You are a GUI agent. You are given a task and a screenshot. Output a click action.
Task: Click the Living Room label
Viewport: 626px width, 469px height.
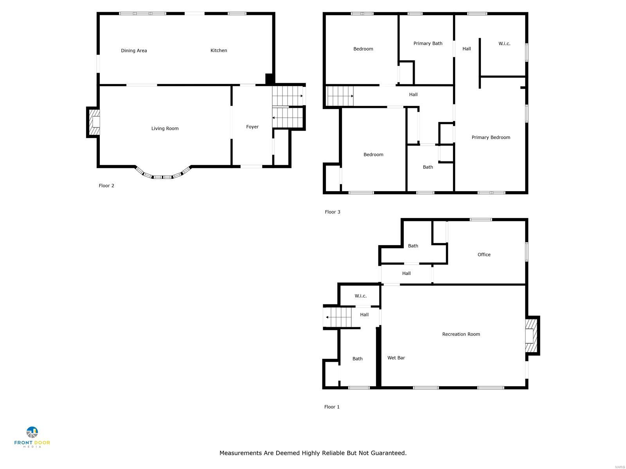[165, 129]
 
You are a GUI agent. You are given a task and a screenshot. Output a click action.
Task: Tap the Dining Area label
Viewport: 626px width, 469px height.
[134, 50]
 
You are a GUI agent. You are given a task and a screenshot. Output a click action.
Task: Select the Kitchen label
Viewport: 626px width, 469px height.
[219, 50]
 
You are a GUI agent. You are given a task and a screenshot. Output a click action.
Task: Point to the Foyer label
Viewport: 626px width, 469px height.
[252, 127]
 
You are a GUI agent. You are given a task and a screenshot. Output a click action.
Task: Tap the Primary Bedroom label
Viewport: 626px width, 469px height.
[491, 137]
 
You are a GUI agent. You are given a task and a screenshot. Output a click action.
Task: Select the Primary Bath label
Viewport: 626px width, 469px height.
[428, 43]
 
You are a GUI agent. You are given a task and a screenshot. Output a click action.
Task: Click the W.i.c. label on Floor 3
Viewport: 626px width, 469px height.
[504, 44]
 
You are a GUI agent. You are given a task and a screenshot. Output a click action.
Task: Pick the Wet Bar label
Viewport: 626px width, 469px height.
[396, 358]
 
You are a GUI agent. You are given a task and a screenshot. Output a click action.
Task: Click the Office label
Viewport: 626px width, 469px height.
[484, 254]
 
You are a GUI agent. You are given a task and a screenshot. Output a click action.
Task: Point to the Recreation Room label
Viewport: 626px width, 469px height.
[461, 334]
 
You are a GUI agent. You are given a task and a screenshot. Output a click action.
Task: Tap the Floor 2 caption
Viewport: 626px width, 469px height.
[106, 186]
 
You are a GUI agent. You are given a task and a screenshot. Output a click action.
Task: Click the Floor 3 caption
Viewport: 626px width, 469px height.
[333, 212]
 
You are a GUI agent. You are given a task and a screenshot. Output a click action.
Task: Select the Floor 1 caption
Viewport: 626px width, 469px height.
[332, 407]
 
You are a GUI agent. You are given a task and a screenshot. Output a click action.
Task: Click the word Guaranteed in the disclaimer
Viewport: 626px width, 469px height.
[388, 453]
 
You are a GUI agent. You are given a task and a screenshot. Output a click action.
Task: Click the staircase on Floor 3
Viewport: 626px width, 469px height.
[340, 96]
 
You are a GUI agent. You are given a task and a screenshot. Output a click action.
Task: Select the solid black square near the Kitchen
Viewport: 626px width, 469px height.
[270, 79]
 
